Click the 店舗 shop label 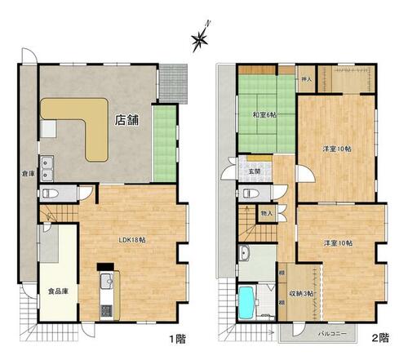126,120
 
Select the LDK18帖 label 132,240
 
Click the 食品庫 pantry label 58,291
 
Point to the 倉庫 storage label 28,174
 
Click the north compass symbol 201,38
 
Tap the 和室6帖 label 264,115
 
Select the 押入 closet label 307,79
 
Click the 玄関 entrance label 255,171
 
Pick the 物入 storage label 266,214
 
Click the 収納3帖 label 301,294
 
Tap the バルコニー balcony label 332,334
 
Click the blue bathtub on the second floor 246,303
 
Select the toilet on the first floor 51,193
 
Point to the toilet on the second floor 251,193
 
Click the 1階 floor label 178,339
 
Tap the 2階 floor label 380,338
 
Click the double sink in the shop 47,168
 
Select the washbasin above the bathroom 246,253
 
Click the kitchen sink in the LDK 107,281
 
